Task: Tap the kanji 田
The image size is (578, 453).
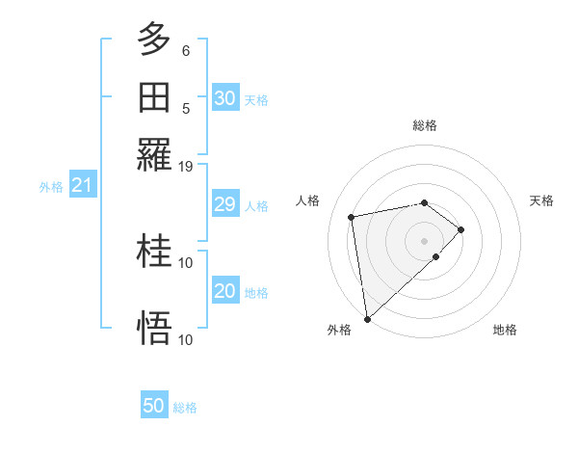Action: click(x=154, y=96)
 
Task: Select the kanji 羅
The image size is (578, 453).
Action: click(x=154, y=154)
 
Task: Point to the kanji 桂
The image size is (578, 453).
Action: click(x=154, y=251)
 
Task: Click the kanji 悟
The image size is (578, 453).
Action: click(x=154, y=328)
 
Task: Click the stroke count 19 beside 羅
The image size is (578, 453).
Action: click(x=186, y=166)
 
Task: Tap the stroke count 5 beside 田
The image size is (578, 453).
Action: click(x=186, y=108)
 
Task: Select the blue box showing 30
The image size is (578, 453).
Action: click(x=225, y=98)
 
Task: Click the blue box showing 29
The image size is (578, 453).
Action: click(x=225, y=204)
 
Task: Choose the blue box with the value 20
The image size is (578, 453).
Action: click(x=225, y=291)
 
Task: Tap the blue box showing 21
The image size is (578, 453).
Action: click(x=81, y=185)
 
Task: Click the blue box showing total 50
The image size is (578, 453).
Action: click(x=154, y=406)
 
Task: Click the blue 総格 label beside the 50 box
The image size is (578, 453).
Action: click(x=185, y=408)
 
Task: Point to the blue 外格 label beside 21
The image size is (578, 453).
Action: click(x=51, y=187)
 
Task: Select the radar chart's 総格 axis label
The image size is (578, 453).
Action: click(x=425, y=125)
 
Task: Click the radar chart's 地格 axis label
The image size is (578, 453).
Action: click(x=505, y=330)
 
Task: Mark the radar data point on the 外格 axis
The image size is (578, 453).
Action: click(x=367, y=318)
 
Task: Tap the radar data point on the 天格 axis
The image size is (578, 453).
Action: click(x=461, y=229)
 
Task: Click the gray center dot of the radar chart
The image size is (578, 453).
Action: click(x=425, y=240)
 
